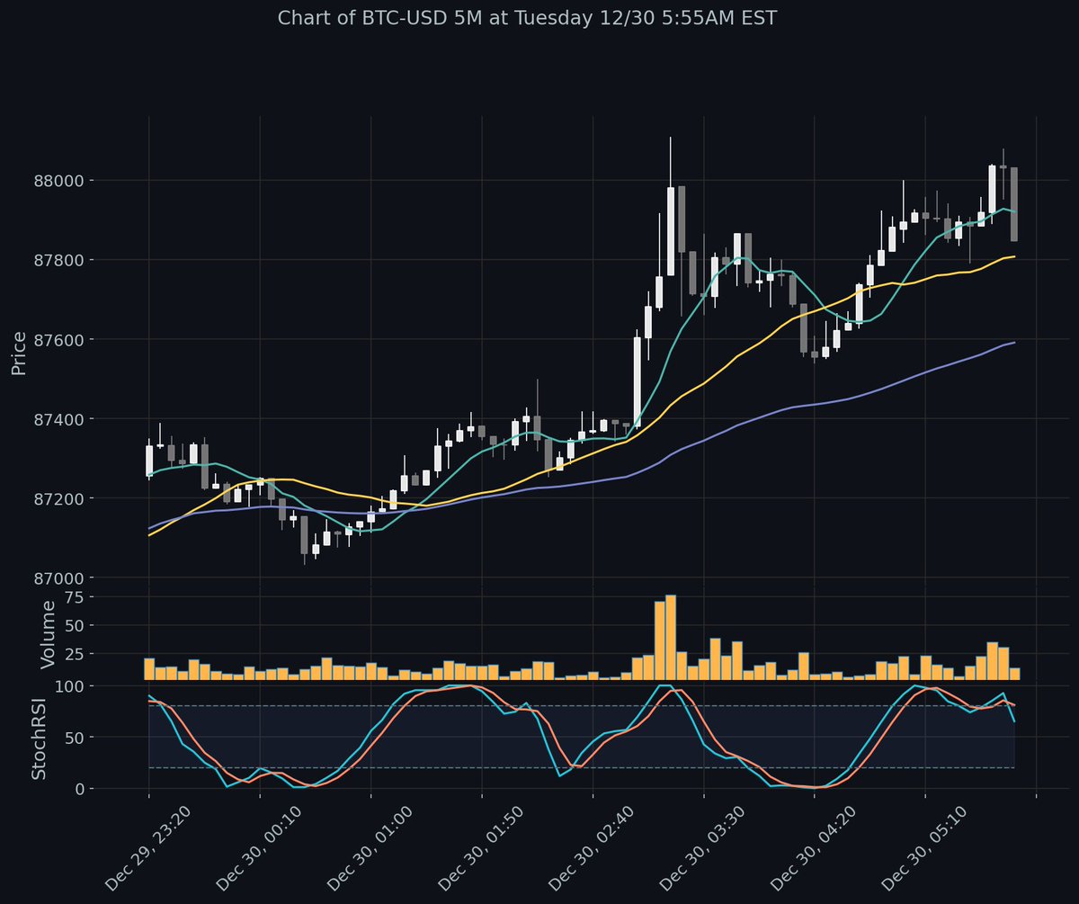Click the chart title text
(x=527, y=18)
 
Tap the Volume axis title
(x=49, y=635)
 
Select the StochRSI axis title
(x=40, y=738)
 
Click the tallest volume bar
(x=671, y=637)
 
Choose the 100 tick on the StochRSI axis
(x=94, y=686)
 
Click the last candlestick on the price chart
(x=1014, y=204)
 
